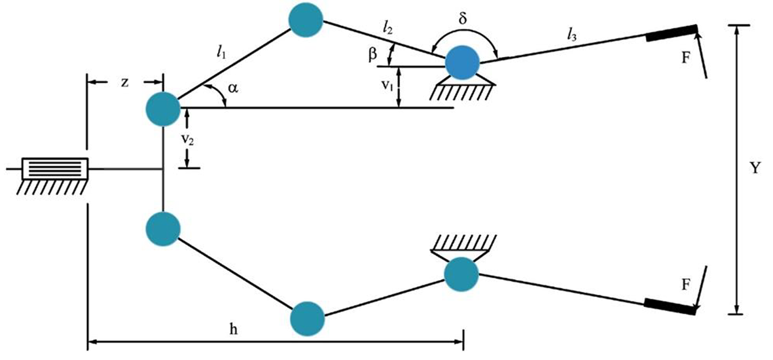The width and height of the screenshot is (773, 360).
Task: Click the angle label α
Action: coord(233,88)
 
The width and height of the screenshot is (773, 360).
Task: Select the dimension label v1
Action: coord(387,87)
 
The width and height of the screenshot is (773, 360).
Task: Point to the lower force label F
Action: coord(685,285)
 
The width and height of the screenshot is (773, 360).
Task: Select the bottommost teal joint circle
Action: coord(307,318)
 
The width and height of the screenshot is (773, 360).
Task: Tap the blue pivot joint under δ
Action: coord(462,63)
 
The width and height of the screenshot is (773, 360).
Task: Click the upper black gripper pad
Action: coord(670,34)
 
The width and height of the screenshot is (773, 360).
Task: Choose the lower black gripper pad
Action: coord(669,306)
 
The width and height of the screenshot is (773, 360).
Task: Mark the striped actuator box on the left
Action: coord(55,169)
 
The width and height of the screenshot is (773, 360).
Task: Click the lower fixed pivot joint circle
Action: coord(461,274)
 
